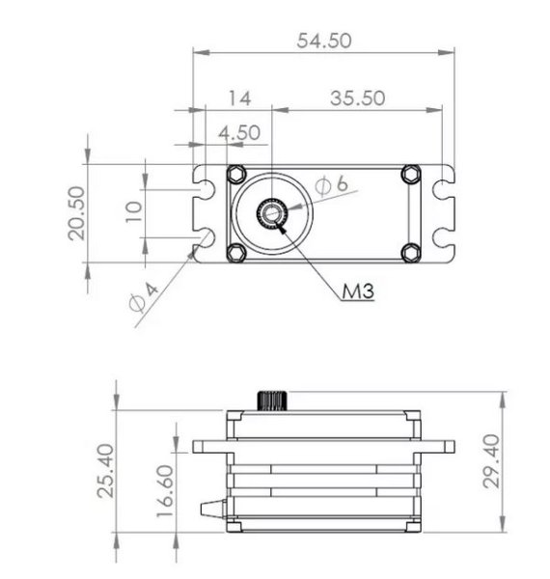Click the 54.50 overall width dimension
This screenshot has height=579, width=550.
pos(323,41)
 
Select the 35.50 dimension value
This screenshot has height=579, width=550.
pos(357,97)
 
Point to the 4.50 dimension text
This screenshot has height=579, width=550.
pos(239,132)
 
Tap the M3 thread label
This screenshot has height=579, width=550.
pos(358,290)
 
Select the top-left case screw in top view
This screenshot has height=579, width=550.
pos(234,174)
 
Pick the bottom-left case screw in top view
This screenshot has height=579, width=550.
pos(234,252)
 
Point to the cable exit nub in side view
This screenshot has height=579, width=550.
pos(211,510)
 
